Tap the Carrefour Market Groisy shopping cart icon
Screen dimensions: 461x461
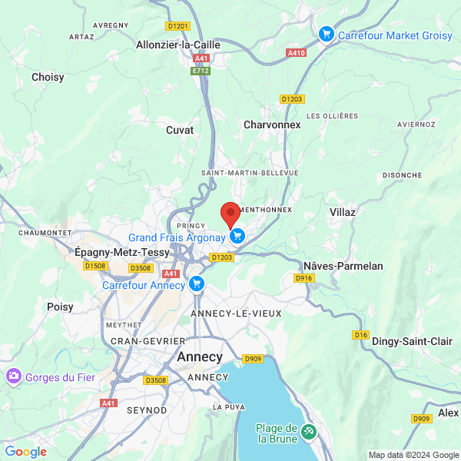(x=327, y=34)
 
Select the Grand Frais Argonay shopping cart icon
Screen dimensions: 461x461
(x=237, y=237)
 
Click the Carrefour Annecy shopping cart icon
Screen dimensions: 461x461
(x=197, y=285)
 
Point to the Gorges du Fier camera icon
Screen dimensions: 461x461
(x=13, y=376)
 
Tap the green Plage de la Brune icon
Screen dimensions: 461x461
(x=309, y=433)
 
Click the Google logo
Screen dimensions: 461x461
(x=25, y=452)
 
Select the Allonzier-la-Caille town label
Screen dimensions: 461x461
(x=177, y=45)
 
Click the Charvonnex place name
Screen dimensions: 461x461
(x=272, y=124)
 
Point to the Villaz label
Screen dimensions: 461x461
(x=343, y=211)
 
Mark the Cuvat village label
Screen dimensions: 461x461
(x=180, y=130)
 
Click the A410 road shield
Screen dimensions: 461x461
(x=296, y=52)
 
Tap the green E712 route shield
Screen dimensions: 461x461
(x=201, y=71)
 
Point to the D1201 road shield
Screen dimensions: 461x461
(x=177, y=26)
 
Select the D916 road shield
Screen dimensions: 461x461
(x=304, y=278)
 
